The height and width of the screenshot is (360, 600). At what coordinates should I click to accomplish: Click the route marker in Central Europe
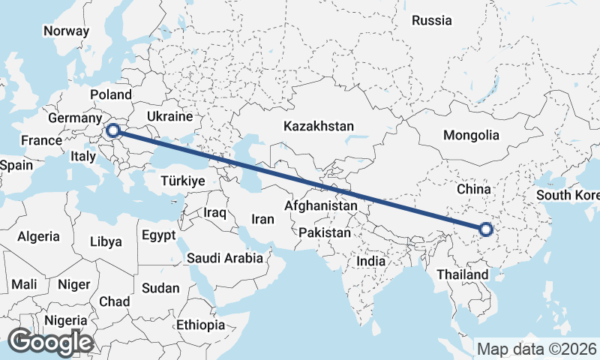113,131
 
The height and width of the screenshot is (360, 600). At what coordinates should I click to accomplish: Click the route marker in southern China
485,230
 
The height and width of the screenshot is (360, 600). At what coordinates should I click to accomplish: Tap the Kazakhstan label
318,127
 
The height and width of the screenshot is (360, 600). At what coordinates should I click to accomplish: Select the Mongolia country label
471,136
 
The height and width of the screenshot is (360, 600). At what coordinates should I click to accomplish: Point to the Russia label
432,20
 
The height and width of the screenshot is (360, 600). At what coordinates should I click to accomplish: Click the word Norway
66,31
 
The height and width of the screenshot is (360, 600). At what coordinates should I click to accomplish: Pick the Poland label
110,94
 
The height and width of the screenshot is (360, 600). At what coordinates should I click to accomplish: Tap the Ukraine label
169,117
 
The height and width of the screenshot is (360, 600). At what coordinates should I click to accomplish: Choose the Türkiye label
183,181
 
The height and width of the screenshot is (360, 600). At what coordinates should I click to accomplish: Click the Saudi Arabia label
225,258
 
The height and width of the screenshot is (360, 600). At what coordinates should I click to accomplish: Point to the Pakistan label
324,233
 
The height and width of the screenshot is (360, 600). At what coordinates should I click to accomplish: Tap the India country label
370,262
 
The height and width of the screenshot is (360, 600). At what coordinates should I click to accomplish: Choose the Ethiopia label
200,325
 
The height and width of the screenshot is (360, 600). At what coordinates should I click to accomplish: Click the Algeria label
38,236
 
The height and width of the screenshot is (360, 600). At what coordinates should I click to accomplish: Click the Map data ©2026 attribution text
537,349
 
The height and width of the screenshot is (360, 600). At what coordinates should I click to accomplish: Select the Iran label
262,219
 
